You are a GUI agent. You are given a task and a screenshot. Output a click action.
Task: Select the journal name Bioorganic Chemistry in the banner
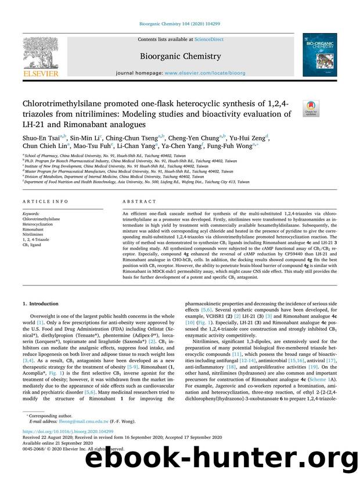[x=179, y=56]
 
